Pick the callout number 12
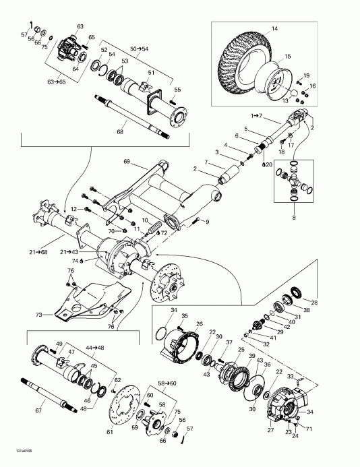[75, 210]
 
